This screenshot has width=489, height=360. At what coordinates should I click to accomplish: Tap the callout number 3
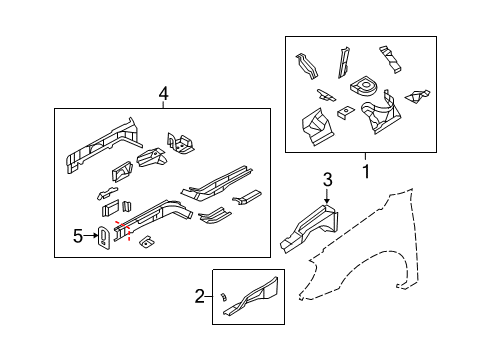[326, 179]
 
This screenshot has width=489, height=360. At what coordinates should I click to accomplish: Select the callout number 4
[163, 93]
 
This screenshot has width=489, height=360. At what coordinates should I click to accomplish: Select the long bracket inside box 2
[250, 297]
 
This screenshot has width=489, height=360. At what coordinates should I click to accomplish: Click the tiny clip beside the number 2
[224, 297]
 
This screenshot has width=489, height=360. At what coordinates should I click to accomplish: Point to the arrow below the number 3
[326, 198]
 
